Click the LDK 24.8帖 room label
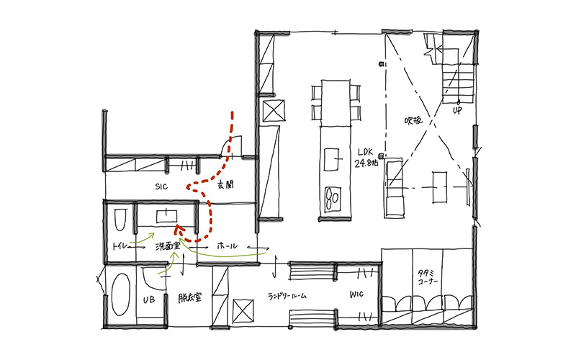pyautogui.click(x=366, y=158)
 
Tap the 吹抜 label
pyautogui.click(x=413, y=120)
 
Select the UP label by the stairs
pyautogui.click(x=457, y=110)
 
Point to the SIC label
pyautogui.click(x=161, y=186)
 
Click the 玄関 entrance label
pyautogui.click(x=225, y=185)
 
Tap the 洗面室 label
pyautogui.click(x=168, y=246)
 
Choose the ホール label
pyautogui.click(x=228, y=246)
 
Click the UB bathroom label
pyautogui.click(x=149, y=300)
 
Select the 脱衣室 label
pyautogui.click(x=190, y=297)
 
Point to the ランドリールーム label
pyautogui.click(x=287, y=296)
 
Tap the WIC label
pyautogui.click(x=356, y=294)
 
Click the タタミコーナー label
pyautogui.click(x=428, y=277)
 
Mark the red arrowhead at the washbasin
pyautogui.click(x=179, y=230)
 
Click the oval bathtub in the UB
pyautogui.click(x=120, y=294)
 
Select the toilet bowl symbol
pyautogui.click(x=120, y=220)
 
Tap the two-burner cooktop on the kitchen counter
pyautogui.click(x=333, y=199)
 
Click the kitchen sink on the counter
pyautogui.click(x=332, y=159)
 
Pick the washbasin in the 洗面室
pyautogui.click(x=167, y=216)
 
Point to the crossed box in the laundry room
pyautogui.click(x=243, y=311)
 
